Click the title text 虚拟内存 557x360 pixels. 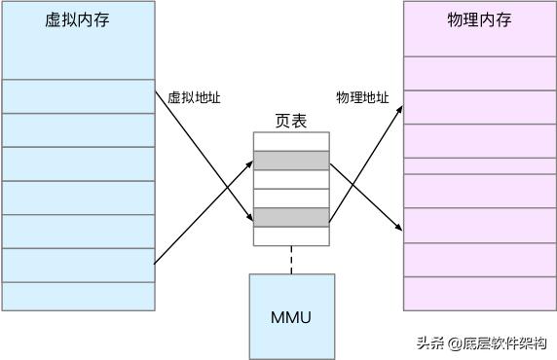click(78, 20)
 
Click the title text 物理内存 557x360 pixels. click(479, 20)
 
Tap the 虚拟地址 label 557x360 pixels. click(195, 97)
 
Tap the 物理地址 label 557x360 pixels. click(362, 97)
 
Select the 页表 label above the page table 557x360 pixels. click(291, 122)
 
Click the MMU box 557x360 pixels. click(291, 316)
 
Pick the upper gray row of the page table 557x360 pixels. click(291, 161)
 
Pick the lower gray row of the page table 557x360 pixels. click(291, 217)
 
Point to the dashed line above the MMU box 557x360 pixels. click(291, 259)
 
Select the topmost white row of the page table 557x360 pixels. click(291, 141)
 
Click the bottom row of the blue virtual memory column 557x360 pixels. click(78, 296)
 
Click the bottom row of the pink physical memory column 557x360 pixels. click(479, 294)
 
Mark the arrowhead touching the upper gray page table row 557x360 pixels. click(249, 162)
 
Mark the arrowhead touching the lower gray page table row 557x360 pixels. click(249, 215)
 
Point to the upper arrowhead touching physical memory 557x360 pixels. click(399, 109)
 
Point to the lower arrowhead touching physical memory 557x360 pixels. click(399, 229)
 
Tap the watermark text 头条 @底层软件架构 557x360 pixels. click(481, 342)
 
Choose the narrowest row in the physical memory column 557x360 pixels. click(479, 165)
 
